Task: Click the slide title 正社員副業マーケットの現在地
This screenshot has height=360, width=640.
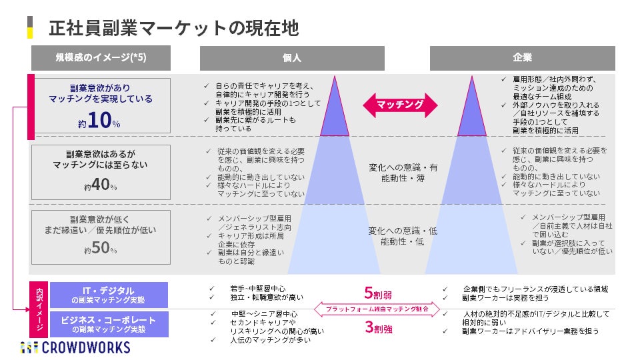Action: (x=173, y=28)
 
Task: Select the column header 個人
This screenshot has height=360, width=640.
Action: (x=291, y=58)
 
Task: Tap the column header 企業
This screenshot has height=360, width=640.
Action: (x=522, y=58)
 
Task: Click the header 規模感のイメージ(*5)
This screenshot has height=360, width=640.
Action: (x=101, y=58)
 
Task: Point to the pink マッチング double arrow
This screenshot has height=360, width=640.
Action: (x=399, y=105)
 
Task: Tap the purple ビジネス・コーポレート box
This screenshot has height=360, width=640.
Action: (x=109, y=324)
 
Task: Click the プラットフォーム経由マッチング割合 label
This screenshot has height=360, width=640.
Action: (x=377, y=309)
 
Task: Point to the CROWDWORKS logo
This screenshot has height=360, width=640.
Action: (x=75, y=347)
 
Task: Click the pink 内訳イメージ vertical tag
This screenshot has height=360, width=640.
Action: (x=39, y=309)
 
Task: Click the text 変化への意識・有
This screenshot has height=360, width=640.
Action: (x=403, y=167)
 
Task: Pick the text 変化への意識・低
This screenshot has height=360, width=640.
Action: (x=403, y=231)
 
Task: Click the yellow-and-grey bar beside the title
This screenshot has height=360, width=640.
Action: (x=30, y=27)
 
